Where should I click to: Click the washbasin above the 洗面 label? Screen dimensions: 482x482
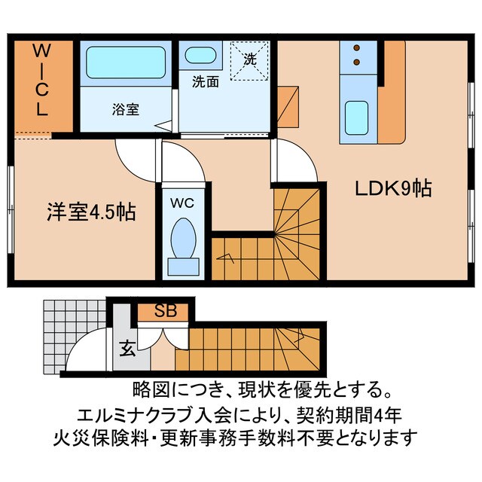click(x=200, y=56)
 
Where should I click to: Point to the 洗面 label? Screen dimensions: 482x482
click(x=205, y=81)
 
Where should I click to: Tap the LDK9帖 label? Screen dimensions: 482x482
click(x=393, y=189)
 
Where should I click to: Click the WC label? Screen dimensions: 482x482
click(x=182, y=202)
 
